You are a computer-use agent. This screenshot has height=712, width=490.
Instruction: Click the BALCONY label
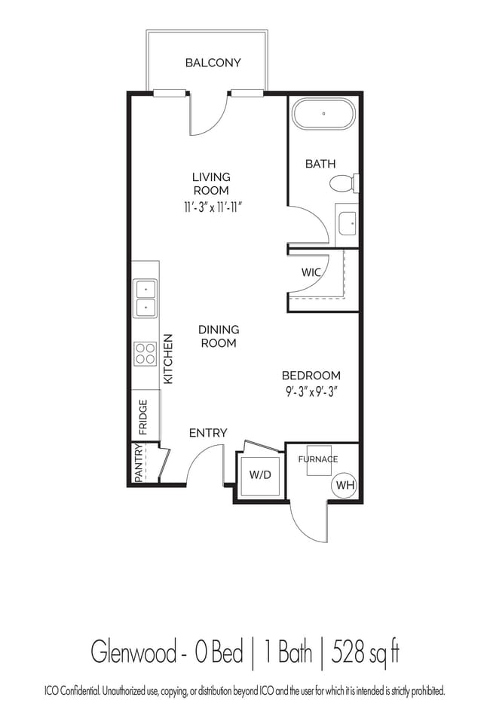pos(213,63)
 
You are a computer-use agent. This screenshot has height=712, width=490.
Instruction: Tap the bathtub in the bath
pos(323,114)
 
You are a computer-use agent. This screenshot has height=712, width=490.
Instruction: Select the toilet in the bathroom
pos(344,183)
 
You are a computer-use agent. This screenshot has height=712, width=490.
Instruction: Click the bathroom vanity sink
pos(348,223)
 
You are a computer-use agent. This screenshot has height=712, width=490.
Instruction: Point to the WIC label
pos(311,272)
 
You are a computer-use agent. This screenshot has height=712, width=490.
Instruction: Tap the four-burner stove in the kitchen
pos(145,354)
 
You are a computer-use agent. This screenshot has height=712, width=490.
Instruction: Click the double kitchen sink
pos(145,299)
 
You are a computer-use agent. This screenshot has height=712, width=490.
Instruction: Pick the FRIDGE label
pos(143,417)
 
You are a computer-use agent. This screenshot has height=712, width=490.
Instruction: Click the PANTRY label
pos(139,462)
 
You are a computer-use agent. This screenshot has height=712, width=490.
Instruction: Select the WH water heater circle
pos(345,485)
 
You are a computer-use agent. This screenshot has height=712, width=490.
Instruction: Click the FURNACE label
pos(318,459)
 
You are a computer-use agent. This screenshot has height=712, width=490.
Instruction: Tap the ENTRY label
pos(208,433)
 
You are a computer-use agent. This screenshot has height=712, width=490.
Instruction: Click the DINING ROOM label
pos(219,336)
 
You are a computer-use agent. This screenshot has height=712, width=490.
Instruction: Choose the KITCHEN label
pos(168,359)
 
